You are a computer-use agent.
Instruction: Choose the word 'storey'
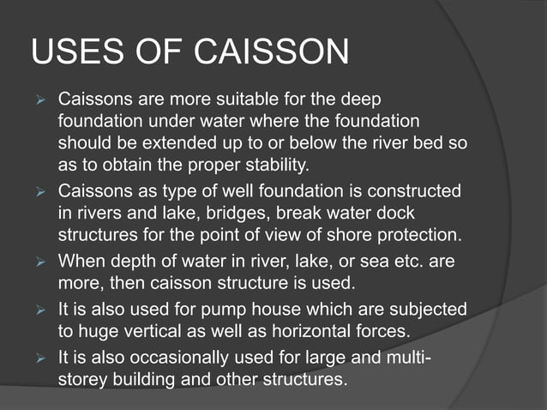(84, 377)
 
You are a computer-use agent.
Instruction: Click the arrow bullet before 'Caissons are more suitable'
(38, 99)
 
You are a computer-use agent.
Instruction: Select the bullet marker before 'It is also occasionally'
(38, 355)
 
